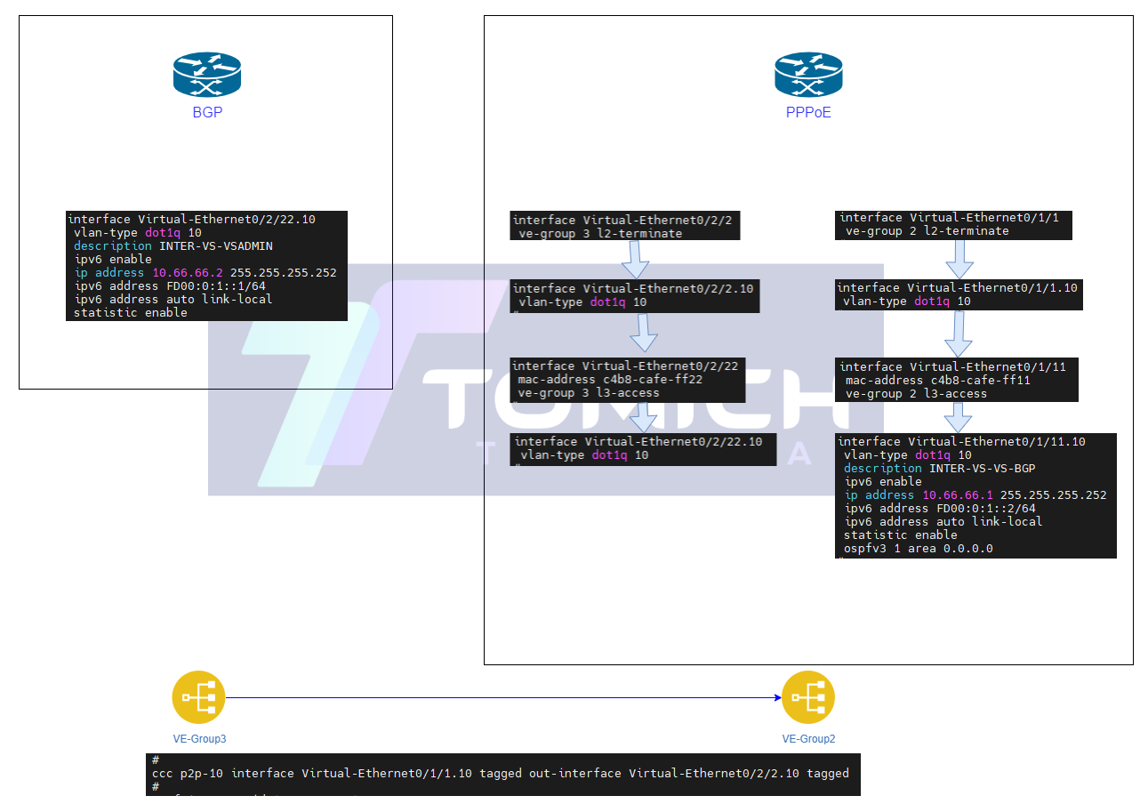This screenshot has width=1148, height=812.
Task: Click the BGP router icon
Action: (x=207, y=76)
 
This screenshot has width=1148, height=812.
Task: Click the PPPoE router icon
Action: (x=808, y=75)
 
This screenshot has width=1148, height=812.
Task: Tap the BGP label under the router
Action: (x=207, y=113)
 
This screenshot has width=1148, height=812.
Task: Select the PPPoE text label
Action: (x=808, y=113)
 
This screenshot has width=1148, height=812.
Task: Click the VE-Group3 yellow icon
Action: (x=198, y=697)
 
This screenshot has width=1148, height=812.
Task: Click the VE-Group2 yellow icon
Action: (x=808, y=697)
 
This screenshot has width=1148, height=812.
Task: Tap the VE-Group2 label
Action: (x=808, y=739)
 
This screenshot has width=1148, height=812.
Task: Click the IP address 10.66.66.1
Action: (x=958, y=495)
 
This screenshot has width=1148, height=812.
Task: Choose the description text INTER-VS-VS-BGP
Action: (x=982, y=468)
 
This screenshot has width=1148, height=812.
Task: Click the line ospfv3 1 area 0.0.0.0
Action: (x=918, y=549)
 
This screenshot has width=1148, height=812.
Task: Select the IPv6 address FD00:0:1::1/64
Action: (x=213, y=286)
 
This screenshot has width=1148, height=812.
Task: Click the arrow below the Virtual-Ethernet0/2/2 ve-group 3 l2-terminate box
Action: (x=636, y=259)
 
